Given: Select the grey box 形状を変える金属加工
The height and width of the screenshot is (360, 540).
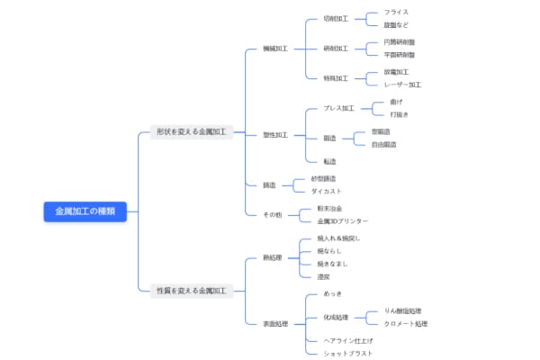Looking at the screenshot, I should [192, 131].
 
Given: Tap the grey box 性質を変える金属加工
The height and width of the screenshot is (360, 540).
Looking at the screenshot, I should [192, 291].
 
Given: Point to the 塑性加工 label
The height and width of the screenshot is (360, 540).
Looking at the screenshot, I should [275, 135].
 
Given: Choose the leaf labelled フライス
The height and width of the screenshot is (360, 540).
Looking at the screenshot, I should [396, 13].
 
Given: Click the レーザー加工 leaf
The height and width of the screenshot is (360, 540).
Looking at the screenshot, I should [402, 85].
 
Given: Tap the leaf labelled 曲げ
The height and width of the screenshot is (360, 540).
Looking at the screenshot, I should [397, 102].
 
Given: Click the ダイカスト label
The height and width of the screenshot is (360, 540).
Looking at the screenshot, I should [326, 191].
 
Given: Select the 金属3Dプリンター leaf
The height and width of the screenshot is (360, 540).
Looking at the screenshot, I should [342, 220].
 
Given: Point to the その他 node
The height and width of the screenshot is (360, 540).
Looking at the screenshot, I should [273, 214].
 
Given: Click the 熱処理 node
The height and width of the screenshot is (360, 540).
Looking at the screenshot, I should [273, 257].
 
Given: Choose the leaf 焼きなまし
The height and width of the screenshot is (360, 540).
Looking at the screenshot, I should [332, 264].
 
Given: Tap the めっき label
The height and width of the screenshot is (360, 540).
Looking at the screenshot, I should [332, 293].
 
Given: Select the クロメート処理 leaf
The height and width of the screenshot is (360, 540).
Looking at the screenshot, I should [405, 324].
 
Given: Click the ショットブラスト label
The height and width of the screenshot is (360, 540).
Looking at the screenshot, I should [347, 354].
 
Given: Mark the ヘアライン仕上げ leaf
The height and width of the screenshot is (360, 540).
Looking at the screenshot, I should [347, 341].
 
